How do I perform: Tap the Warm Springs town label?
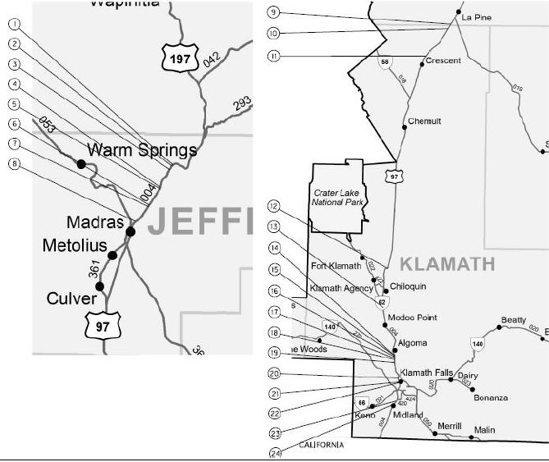pyautogui.click(x=142, y=150)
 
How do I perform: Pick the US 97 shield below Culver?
pyautogui.click(x=103, y=327)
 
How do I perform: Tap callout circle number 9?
pyautogui.click(x=274, y=12)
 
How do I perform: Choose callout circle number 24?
pyautogui.click(x=274, y=453)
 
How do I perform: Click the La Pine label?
pyautogui.click(x=476, y=17)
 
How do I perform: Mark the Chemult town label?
pyautogui.click(x=425, y=121)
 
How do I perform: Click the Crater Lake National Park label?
pyautogui.click(x=339, y=197)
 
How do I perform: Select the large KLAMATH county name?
pyautogui.click(x=447, y=263)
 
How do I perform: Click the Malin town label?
pyautogui.click(x=485, y=429)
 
